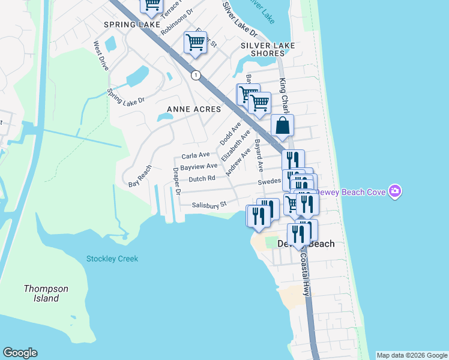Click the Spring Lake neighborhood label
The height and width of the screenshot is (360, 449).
tap(131, 25)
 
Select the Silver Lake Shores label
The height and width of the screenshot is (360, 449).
tap(262, 49)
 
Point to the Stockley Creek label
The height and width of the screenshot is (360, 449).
tap(112, 259)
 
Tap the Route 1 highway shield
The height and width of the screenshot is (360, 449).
tap(196, 75)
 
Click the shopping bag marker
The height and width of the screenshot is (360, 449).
tap(282, 126)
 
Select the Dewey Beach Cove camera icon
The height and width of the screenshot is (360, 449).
tap(395, 192)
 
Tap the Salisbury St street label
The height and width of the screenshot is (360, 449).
tap(208, 205)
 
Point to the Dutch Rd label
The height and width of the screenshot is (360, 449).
tap(202, 179)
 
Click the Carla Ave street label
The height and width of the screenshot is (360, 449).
tap(196, 155)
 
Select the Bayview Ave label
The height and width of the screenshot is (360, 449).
tap(199, 166)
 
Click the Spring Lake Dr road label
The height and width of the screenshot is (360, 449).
tap(126, 96)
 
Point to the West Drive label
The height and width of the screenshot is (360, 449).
tap(100, 55)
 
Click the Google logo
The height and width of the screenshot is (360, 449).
tap(20, 353)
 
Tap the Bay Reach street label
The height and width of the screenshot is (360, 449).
tap(140, 176)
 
